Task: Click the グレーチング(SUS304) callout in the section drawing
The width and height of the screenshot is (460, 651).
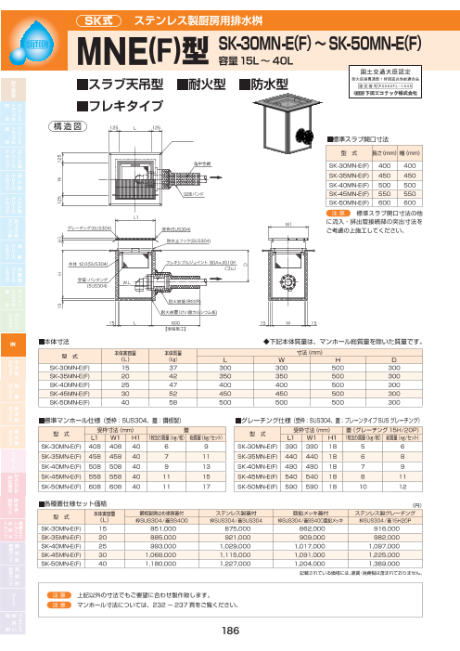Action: (92, 228)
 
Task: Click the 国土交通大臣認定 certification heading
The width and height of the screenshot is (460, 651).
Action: (377, 69)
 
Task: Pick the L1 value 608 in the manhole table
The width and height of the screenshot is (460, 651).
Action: (105, 460)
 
